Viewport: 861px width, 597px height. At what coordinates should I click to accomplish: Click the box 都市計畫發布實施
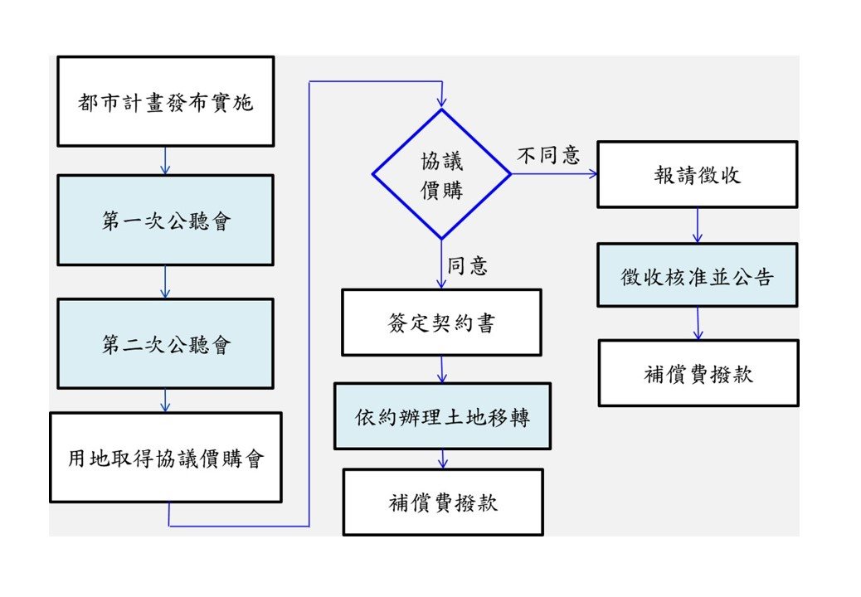point(166,101)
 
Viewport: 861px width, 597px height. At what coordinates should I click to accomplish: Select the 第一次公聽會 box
point(166,220)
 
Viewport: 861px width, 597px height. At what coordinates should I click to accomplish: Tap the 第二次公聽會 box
point(166,344)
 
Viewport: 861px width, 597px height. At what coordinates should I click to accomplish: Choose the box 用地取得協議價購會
point(166,458)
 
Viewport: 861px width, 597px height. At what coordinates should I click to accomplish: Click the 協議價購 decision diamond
point(441,174)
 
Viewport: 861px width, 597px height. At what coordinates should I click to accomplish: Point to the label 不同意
point(548,155)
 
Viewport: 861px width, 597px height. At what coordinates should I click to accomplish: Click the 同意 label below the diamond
point(467,265)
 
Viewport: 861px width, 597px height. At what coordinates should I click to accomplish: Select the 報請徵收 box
point(698,174)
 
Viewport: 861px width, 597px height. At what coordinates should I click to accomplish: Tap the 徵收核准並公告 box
point(698,275)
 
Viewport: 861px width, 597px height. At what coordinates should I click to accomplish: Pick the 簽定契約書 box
point(441,323)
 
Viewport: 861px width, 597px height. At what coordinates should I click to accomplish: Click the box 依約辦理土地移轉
point(443,416)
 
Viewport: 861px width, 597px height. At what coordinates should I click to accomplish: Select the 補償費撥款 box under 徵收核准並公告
point(698,373)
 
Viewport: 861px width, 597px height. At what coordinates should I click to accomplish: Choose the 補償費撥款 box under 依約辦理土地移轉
point(443,502)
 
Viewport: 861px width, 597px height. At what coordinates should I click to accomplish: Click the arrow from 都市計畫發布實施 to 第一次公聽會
point(165,161)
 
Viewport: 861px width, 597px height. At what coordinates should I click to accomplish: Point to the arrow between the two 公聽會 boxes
point(165,282)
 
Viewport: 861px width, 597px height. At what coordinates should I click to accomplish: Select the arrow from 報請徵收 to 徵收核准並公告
point(698,226)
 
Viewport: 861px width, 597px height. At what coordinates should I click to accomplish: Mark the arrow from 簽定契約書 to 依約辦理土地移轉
point(442,369)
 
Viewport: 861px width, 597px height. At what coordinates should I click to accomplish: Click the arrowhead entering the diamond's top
point(442,102)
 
